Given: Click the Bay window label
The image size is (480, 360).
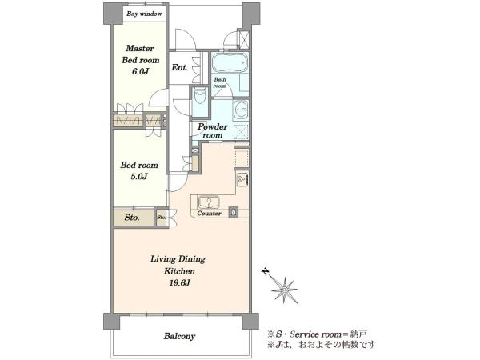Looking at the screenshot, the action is click(144, 14).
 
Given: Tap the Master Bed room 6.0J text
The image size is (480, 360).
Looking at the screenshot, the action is click(140, 60).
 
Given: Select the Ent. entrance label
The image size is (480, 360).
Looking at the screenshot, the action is click(179, 67).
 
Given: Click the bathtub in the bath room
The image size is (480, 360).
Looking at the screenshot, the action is click(230, 62).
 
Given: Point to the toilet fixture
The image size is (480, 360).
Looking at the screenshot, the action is click(201, 96).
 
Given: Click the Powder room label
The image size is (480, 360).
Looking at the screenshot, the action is click(213, 130).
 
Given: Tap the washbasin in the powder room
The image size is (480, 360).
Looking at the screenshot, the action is click(241, 110).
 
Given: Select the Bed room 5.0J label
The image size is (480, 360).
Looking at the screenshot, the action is click(139, 170).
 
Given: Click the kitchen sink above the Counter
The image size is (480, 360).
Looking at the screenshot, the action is click(209, 202).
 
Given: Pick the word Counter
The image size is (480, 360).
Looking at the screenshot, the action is click(209, 214).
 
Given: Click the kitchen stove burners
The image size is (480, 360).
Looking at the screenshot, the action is click(242, 179).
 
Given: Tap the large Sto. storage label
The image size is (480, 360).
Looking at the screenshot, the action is click(132, 218).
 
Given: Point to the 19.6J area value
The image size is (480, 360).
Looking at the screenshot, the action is click(180, 283).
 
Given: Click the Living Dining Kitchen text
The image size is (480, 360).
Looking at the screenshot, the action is click(178, 265).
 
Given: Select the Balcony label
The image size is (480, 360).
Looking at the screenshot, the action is click(179, 337).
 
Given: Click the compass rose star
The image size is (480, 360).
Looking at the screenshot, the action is click(285, 290).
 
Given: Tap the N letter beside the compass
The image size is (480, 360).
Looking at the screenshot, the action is click(266, 271).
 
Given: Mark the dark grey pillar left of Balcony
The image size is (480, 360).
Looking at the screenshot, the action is click(111, 321).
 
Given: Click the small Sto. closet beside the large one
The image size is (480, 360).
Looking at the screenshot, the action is click(161, 218).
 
